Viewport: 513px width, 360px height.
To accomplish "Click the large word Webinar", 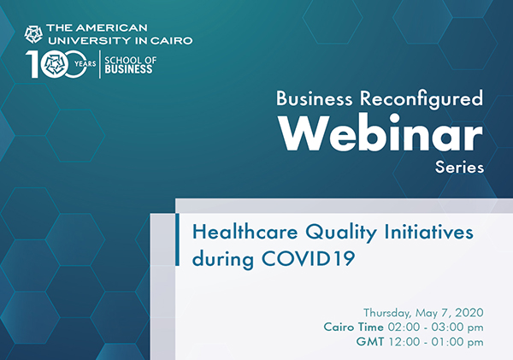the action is tap(381, 133).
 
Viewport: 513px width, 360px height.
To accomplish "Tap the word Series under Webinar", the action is tap(459, 168).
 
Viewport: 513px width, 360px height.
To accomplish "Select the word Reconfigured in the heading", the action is tap(422, 98).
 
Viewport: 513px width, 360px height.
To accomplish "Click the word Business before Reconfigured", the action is tap(315, 98).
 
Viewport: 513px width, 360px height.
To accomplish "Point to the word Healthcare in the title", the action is tap(245, 232).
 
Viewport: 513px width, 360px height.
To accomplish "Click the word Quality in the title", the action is tap(341, 233).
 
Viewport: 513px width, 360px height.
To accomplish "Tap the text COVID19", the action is tap(308, 258).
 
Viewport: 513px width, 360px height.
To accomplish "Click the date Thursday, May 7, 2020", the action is tap(423, 313).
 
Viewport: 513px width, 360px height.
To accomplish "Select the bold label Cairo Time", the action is tap(353, 327).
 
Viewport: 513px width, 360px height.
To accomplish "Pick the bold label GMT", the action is tap(370, 342).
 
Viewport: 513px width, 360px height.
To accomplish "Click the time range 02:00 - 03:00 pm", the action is tap(435, 327).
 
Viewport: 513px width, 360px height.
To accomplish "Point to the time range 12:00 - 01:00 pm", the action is tap(436, 342).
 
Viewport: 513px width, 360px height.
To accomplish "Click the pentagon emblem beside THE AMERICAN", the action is tap(33, 34).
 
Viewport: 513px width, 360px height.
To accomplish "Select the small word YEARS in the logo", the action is tap(85, 63).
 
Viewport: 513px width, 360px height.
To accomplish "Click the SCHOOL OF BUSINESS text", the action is tap(130, 65).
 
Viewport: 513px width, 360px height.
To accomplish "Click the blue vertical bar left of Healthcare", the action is tap(177, 239).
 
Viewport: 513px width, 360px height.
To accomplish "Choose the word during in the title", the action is tap(223, 259).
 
